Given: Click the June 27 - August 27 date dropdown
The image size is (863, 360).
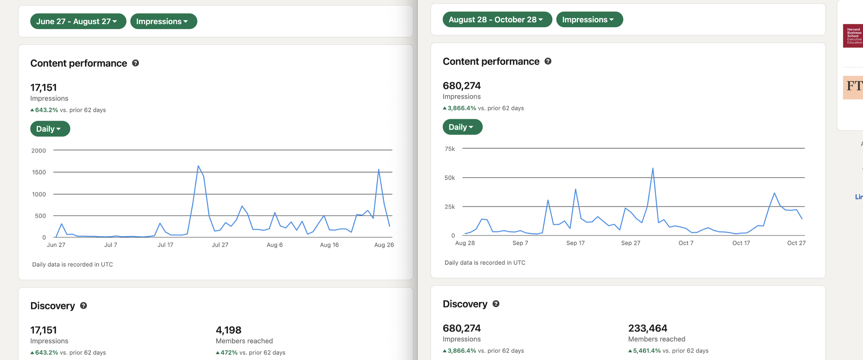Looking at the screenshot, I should point(78,21).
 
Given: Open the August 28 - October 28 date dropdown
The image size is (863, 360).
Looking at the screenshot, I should point(497,19).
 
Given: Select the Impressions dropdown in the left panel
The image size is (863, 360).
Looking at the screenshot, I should point(163,21).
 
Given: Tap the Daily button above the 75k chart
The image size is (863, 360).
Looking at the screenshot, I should point(462,127).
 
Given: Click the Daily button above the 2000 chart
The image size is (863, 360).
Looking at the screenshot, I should point(50,129).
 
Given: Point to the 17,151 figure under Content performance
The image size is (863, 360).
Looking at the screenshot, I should point(44,87).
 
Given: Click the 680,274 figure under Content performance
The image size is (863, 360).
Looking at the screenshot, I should point(461,86).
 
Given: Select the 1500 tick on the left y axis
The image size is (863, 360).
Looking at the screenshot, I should point(39,172).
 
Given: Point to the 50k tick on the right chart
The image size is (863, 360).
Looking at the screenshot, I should point(449,178).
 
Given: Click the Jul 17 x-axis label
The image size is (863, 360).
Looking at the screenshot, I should point(165,245).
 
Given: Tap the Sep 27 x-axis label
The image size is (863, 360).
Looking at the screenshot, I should point(630,243).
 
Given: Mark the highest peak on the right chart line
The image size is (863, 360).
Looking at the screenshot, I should point(653,168).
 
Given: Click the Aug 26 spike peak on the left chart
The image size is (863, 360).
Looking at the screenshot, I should point(379,169).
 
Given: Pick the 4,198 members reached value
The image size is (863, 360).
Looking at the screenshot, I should point(228,330).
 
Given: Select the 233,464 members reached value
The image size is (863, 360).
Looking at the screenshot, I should point(647,328).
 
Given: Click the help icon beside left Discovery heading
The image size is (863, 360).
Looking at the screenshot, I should point(83,306).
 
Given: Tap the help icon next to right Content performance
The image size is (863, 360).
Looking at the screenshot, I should point(548,61).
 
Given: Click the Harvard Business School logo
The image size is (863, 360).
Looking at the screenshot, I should point(853,36).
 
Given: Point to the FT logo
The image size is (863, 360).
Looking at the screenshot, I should point(854,87).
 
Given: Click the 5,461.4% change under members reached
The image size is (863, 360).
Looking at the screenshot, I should point(647,351).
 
